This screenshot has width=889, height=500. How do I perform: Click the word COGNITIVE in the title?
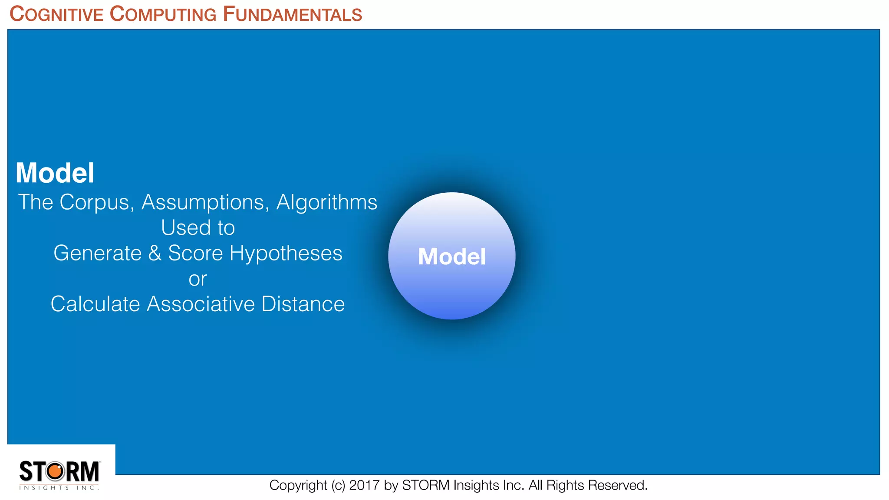coord(56,14)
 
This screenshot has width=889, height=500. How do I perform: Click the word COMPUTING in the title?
coord(163,14)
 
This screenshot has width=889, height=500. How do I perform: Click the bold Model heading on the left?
coord(55,173)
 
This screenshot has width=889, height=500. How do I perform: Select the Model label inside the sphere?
coord(451,257)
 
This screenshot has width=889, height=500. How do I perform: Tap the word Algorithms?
coord(326,203)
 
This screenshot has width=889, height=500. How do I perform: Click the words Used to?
coord(198,228)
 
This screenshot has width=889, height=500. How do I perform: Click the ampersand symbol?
coord(155,253)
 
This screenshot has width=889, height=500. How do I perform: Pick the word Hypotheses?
coord(286,253)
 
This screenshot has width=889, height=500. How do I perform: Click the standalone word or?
coord(198,279)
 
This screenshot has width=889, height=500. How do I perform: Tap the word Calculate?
coord(95,304)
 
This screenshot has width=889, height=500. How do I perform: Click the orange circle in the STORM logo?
coord(55,471)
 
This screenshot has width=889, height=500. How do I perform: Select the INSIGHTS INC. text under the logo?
coord(59,488)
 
